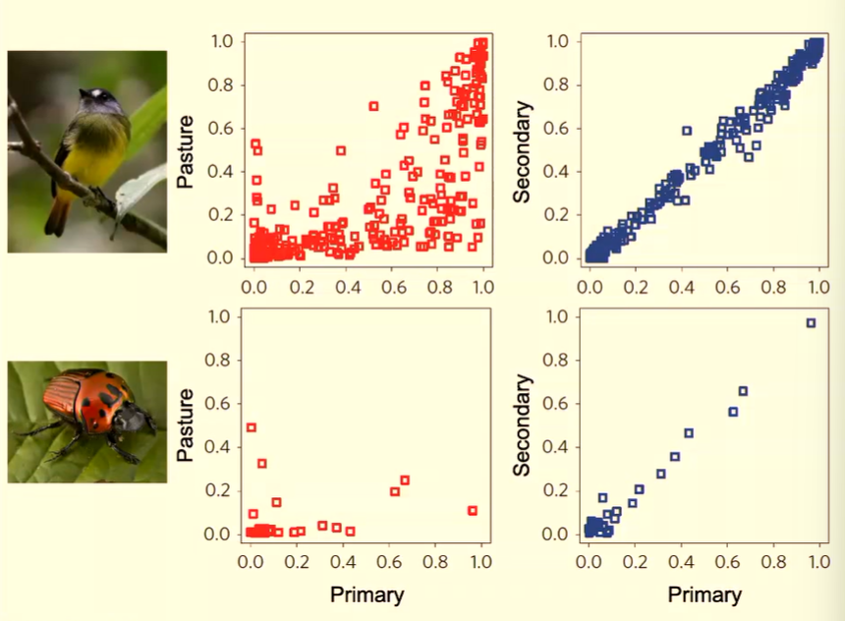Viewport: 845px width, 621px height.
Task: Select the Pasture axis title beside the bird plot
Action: pos(186,151)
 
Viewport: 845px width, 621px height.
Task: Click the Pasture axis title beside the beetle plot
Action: pos(186,425)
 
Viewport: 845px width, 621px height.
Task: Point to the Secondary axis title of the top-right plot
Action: pos(522,152)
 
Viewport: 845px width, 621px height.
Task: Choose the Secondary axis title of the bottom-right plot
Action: pos(522,425)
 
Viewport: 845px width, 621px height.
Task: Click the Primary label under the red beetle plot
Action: pos(367,594)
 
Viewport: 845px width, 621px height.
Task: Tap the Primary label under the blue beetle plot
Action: pos(704,594)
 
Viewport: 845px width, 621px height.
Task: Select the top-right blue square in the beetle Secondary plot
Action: pos(811,323)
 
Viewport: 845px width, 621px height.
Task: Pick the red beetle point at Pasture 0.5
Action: pos(252,427)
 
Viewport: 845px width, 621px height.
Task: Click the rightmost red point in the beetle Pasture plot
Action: pos(473,511)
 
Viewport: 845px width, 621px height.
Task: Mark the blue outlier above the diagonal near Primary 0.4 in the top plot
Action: pos(687,131)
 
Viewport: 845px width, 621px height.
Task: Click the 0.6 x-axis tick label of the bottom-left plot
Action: pos(389,562)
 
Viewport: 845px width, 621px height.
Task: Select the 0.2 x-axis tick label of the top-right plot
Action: pos(636,287)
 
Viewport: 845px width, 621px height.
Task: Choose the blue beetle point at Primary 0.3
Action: pos(661,474)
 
